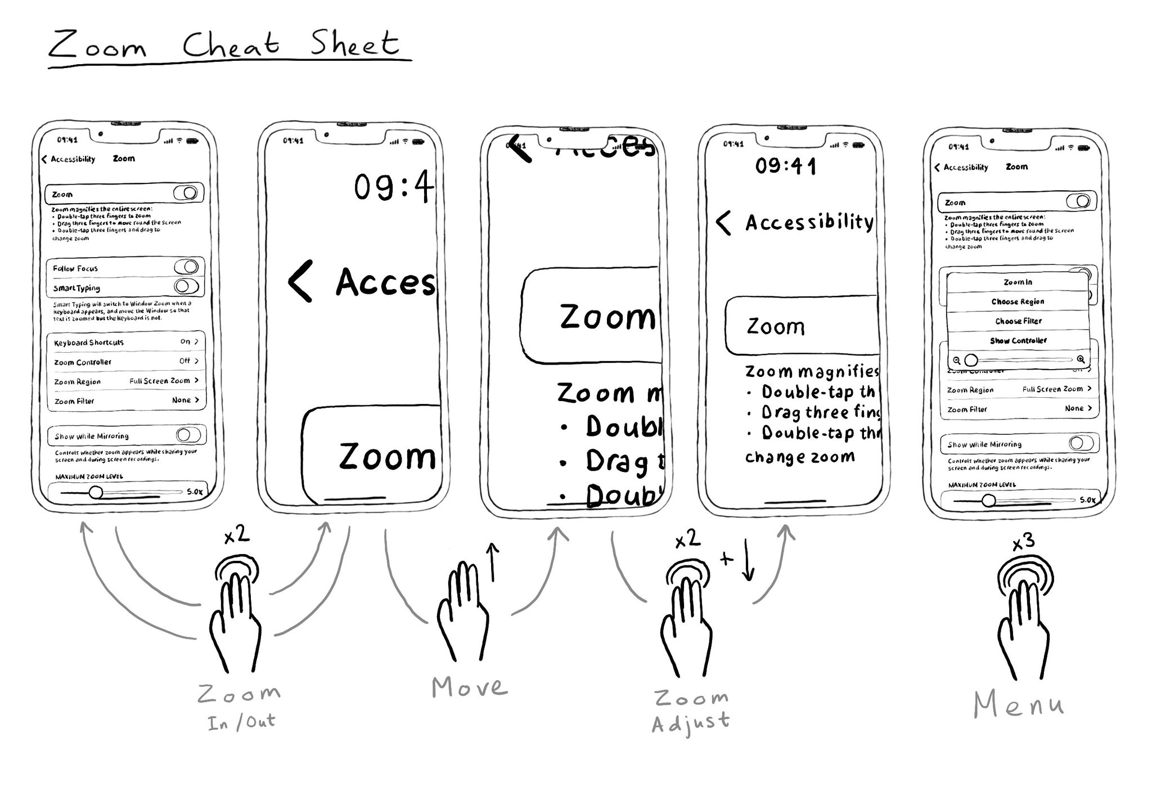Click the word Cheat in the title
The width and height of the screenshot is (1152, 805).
[231, 44]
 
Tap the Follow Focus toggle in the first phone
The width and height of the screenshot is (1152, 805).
[186, 267]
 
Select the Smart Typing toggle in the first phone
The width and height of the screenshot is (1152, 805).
[186, 286]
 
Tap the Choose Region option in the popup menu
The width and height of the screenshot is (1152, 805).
[1018, 302]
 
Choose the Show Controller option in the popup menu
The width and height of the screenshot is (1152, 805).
[1018, 340]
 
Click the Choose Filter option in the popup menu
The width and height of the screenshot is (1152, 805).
[1018, 321]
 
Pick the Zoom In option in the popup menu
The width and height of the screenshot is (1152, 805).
[1018, 282]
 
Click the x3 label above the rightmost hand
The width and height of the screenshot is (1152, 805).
[1023, 542]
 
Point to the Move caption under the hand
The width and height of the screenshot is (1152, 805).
[470, 687]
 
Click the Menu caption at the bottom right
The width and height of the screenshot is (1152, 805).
[1019, 705]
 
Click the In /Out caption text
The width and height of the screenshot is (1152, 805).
[241, 722]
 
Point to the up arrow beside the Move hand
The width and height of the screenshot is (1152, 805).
[493, 561]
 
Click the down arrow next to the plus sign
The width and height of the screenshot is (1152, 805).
[748, 560]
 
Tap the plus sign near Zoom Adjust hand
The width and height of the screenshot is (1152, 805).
[727, 559]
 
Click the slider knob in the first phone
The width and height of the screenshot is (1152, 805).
[96, 493]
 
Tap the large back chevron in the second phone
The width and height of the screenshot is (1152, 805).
[300, 281]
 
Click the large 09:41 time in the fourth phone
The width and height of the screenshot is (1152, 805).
[785, 166]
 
